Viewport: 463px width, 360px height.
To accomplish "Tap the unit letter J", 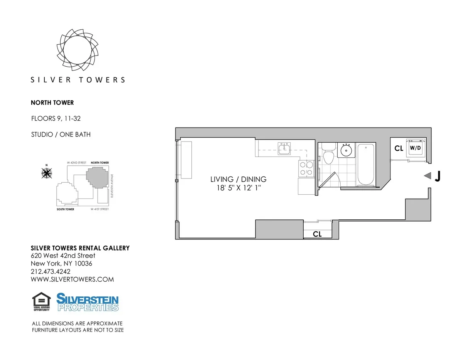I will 438,176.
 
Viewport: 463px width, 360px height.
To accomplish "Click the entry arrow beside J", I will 427,176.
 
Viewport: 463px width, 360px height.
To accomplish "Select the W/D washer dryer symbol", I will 415,148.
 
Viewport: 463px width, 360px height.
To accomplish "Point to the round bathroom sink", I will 346,150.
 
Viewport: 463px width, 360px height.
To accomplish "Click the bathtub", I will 366,165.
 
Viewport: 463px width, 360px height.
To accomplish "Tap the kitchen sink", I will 285,148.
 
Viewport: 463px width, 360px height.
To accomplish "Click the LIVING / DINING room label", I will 238,179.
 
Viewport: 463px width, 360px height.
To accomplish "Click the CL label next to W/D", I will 399,148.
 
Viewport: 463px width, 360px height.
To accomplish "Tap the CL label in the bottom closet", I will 317,234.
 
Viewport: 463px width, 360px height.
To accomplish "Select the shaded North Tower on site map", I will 96,177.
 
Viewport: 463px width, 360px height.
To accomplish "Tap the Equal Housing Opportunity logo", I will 41,302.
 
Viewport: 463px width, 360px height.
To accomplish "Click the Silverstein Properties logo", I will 88,302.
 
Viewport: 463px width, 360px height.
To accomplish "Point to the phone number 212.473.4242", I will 51,271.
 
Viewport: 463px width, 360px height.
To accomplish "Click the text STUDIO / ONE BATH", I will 61,135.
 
